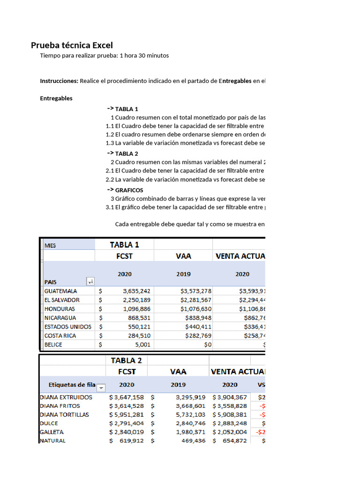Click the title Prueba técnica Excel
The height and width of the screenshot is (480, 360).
(72, 45)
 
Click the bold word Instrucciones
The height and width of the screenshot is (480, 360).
(59, 81)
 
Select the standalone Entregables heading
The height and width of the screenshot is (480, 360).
(56, 98)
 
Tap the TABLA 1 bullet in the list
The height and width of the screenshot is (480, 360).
(127, 109)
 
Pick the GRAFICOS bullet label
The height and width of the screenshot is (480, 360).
(129, 190)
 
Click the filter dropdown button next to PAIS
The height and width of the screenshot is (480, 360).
(90, 282)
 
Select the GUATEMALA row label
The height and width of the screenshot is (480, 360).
(60, 291)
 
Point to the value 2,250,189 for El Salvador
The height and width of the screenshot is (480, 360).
(128, 300)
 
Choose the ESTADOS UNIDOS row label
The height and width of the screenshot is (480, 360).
(68, 327)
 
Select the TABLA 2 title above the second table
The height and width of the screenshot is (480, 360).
(126, 360)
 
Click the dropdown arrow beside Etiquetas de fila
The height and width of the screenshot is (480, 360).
(100, 388)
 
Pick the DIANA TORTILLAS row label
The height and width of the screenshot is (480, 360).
(64, 414)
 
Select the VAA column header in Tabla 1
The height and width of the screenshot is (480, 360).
(183, 256)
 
